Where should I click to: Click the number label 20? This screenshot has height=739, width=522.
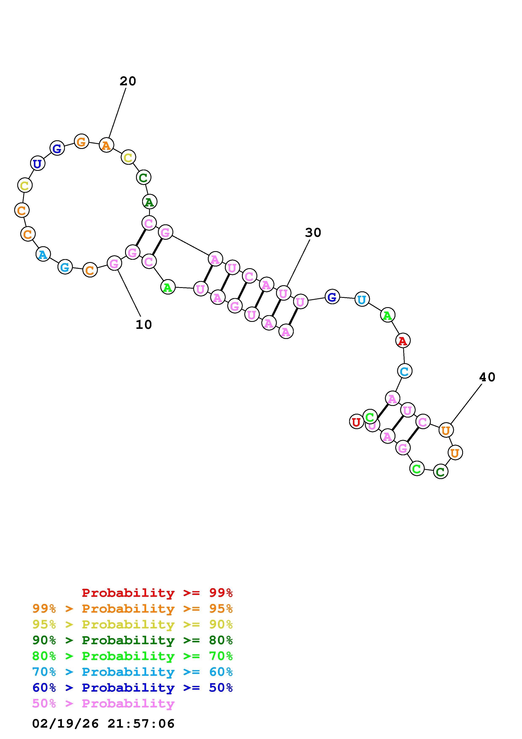coord(128,81)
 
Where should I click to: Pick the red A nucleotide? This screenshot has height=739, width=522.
coord(403,340)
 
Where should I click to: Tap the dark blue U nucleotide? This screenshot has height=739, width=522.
coord(37,163)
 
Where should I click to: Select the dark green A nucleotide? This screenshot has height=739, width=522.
coord(149,202)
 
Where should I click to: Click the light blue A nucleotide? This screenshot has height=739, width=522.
coord(43,254)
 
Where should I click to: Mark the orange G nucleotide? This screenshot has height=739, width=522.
coord(81,141)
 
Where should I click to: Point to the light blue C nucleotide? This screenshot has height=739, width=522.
coord(404,371)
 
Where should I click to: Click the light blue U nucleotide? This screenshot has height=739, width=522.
coord(362,300)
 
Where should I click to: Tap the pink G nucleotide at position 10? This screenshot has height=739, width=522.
coord(114,264)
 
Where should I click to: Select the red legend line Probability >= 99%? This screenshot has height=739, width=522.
coord(157,593)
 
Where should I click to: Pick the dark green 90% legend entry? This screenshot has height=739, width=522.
coord(132,640)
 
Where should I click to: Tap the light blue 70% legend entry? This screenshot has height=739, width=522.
coord(132,672)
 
